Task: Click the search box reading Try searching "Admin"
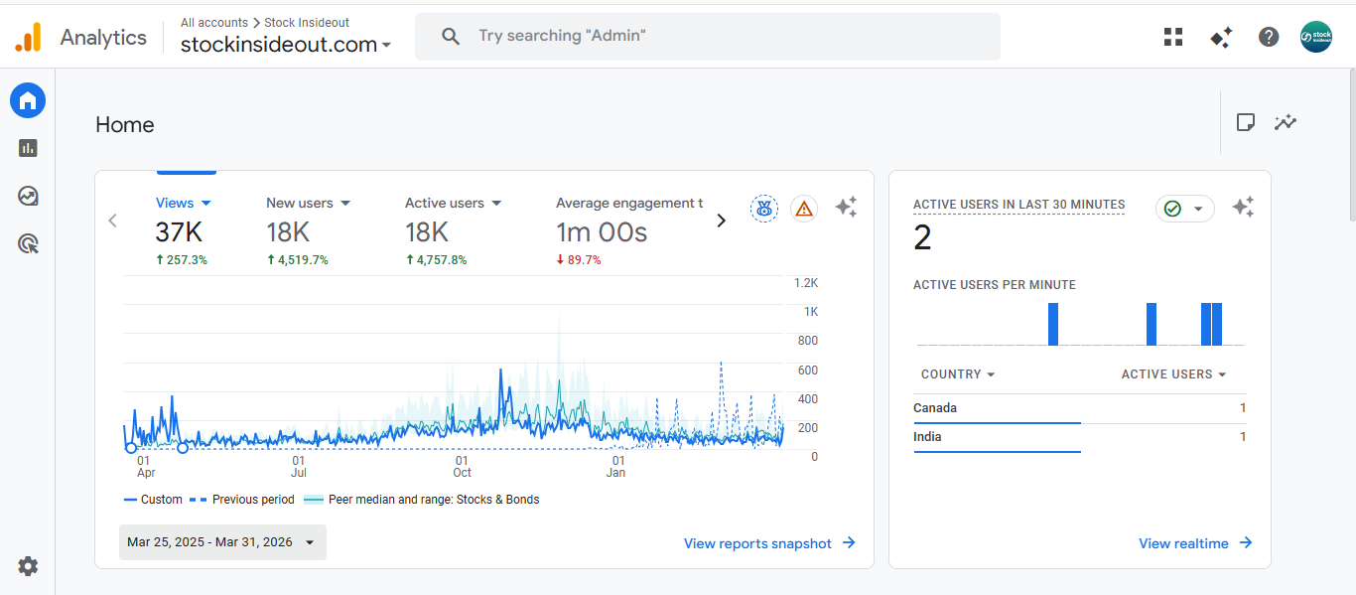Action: point(707,36)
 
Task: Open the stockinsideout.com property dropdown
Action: point(286,45)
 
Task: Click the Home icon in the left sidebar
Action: point(28,100)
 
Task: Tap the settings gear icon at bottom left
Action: point(28,566)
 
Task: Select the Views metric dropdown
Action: point(184,203)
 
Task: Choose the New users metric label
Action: point(300,203)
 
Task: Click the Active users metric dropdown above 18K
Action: point(454,203)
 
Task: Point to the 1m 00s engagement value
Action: point(602,232)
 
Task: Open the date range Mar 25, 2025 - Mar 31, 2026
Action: point(222,542)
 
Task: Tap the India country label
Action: point(927,437)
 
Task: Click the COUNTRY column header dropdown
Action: point(958,374)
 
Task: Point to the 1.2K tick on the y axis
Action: point(805,283)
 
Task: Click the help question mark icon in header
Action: point(1269,37)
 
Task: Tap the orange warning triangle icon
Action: point(804,209)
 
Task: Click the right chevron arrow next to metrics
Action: point(722,221)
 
